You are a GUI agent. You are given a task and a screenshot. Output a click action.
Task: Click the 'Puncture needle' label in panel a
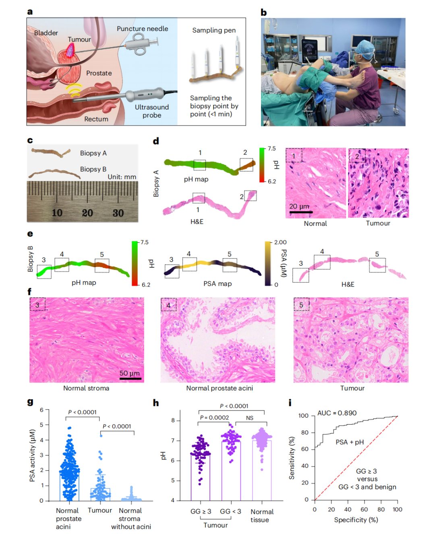(142, 29)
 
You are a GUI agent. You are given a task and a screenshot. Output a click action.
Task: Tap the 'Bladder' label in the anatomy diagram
(46, 33)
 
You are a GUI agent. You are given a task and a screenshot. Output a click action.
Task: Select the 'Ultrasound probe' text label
(151, 111)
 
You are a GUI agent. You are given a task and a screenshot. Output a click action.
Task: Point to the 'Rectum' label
(96, 119)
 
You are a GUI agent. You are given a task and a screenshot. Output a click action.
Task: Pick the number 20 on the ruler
(87, 213)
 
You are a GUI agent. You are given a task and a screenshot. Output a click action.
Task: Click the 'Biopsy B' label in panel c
(93, 169)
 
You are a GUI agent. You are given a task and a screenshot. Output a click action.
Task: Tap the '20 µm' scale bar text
(299, 206)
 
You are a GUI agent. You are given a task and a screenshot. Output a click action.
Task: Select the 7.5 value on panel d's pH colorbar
(272, 148)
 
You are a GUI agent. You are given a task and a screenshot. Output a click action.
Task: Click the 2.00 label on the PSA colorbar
(280, 242)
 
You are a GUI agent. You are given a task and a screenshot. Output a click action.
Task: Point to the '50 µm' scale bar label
(130, 373)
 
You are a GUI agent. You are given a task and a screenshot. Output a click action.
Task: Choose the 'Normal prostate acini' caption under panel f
(220, 388)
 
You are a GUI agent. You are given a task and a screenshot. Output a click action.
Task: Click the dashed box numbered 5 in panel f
(301, 305)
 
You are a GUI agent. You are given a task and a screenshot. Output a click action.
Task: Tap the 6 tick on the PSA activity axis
(41, 410)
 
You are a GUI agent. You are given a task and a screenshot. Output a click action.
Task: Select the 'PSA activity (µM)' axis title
(32, 455)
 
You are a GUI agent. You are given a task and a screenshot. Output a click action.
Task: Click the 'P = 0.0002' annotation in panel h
(214, 418)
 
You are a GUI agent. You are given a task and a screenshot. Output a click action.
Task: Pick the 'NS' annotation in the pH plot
(250, 418)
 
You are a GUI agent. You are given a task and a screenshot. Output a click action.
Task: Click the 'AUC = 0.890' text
(337, 413)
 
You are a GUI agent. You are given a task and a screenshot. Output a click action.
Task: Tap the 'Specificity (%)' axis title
(356, 520)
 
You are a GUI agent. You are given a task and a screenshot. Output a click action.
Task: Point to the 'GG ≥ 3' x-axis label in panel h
(201, 511)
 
